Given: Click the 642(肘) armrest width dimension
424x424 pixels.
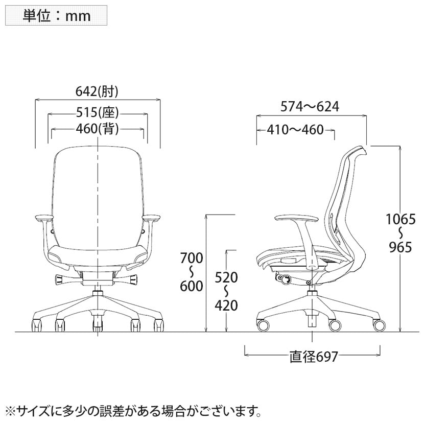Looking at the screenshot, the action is [x=97, y=91].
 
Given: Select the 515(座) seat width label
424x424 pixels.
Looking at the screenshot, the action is [x=98, y=112].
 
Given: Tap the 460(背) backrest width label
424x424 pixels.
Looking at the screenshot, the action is [x=98, y=129].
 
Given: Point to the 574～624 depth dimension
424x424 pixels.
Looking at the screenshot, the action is [x=310, y=107].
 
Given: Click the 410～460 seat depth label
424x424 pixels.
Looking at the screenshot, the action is [x=295, y=130].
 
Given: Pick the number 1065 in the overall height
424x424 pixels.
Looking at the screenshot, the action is [x=401, y=219].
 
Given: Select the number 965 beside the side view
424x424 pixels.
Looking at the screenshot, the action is [x=401, y=247].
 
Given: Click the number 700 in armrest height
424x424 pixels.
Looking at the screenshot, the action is [x=192, y=258].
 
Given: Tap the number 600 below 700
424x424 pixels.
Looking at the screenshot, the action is [x=192, y=286].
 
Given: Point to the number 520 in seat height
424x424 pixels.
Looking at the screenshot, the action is [x=226, y=277].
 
